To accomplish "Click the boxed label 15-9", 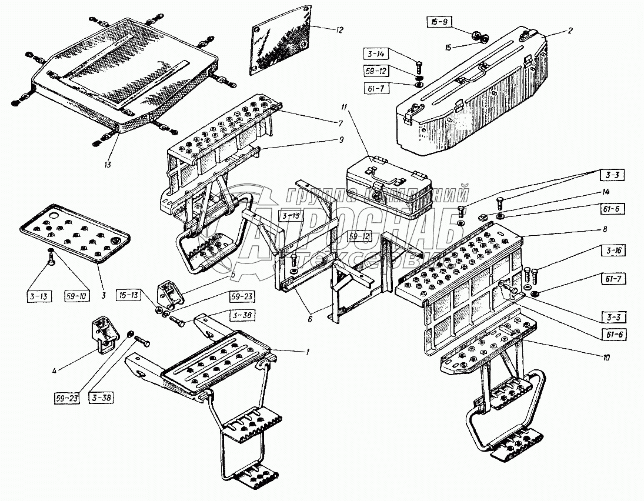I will click(438, 23).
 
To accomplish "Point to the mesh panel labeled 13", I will click(124, 74).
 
